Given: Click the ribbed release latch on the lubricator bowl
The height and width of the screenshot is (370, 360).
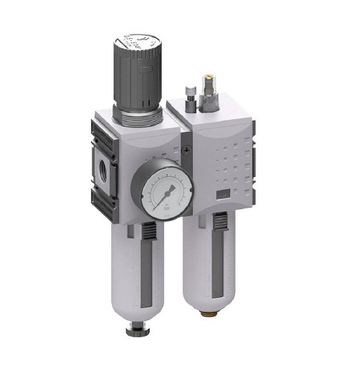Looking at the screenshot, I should click(221, 222).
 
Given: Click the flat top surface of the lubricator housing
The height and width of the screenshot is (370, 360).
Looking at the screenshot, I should click(212, 110).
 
